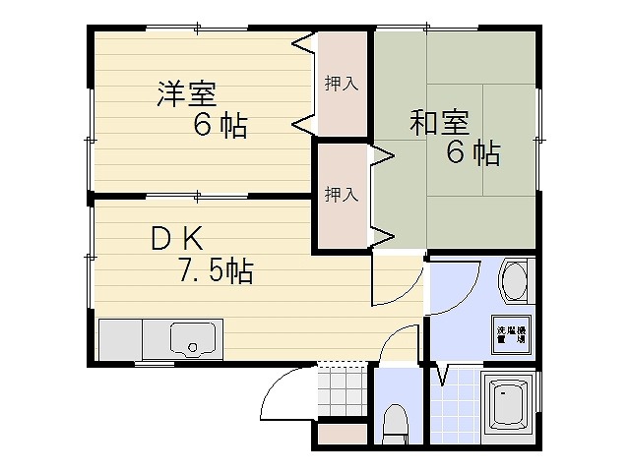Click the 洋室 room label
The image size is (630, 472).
(x=185, y=94)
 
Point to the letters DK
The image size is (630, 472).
(x=177, y=238)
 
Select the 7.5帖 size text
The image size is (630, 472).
(x=216, y=270)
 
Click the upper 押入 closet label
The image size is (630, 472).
(x=342, y=84)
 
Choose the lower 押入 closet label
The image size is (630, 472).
(x=342, y=195)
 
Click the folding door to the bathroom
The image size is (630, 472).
(x=439, y=375)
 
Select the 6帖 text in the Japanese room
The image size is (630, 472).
(x=474, y=153)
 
